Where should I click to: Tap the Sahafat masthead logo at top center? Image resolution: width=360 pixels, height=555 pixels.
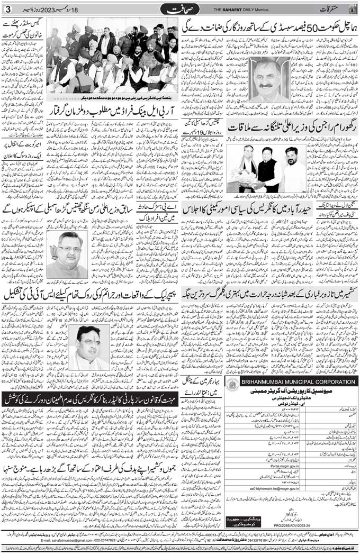tap(180, 10)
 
